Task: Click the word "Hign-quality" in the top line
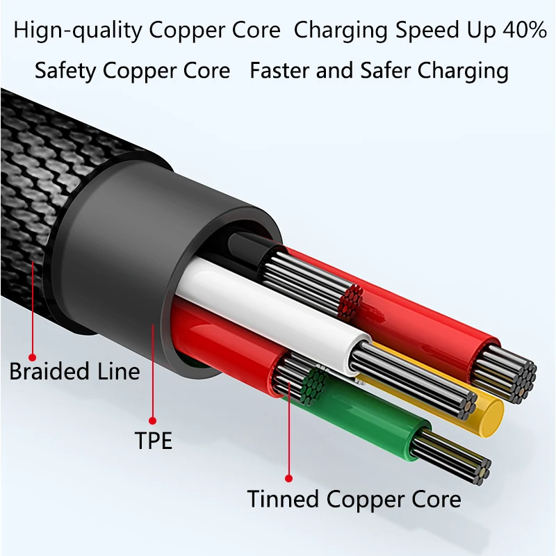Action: (x=74, y=31)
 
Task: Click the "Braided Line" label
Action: (x=74, y=370)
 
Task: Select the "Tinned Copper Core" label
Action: (x=354, y=499)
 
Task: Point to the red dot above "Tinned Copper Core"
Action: (x=289, y=477)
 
